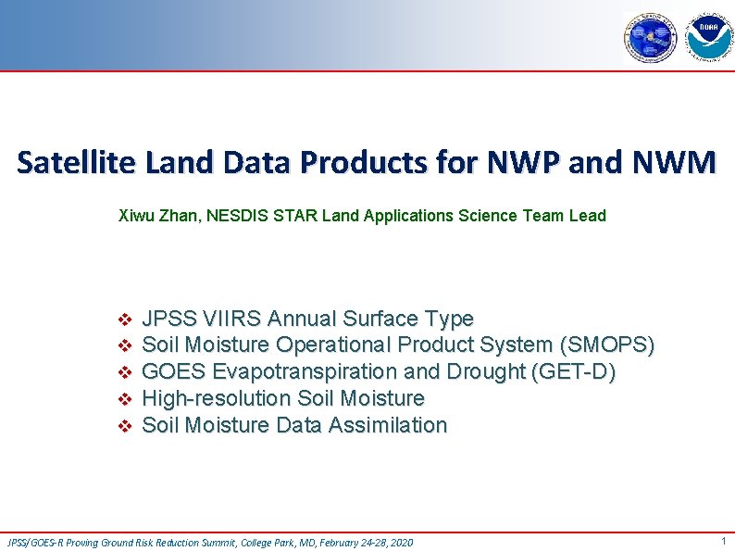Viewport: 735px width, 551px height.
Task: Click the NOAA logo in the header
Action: point(708,37)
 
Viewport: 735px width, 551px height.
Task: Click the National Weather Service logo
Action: point(652,38)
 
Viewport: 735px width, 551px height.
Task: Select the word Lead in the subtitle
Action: point(588,216)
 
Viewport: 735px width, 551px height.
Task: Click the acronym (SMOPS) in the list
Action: point(607,345)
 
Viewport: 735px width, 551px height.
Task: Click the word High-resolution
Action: point(217,398)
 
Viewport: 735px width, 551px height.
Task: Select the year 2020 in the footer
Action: point(401,543)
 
